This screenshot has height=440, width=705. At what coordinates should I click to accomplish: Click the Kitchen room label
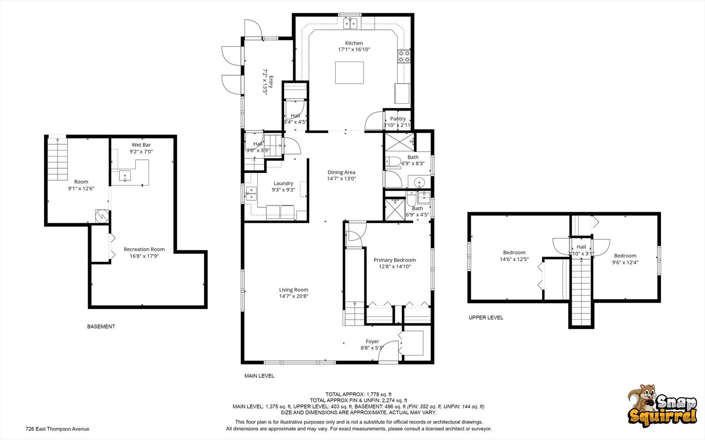coord(354,43)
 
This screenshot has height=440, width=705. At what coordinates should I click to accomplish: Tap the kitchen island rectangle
coord(349,73)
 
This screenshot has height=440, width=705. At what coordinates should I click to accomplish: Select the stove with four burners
coord(404,56)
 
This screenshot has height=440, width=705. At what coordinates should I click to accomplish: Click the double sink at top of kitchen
coord(350,24)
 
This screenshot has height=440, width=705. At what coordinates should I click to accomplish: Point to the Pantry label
coord(398,119)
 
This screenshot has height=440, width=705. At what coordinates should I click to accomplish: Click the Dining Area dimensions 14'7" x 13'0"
coord(341,178)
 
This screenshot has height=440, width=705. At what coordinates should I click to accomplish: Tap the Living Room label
coord(294,290)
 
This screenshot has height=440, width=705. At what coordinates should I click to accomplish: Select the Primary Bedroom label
coord(394,260)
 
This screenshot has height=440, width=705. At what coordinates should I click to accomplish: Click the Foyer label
coord(372,341)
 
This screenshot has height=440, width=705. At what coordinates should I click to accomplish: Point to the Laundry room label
coord(283,183)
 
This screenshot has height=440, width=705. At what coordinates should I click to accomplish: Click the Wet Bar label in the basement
coord(141,145)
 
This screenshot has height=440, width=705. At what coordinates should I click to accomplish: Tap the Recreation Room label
coord(144,249)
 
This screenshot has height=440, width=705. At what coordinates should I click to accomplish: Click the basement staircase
coord(57,159)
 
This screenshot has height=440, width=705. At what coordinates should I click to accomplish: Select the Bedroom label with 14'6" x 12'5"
coord(514,253)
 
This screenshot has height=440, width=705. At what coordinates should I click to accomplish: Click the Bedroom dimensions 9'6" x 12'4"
coord(625,262)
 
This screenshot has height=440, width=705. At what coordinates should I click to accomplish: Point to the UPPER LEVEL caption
coord(486,317)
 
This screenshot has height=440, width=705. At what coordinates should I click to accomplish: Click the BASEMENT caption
coord(101,326)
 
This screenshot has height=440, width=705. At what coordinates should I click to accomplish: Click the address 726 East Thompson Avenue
coord(57,429)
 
